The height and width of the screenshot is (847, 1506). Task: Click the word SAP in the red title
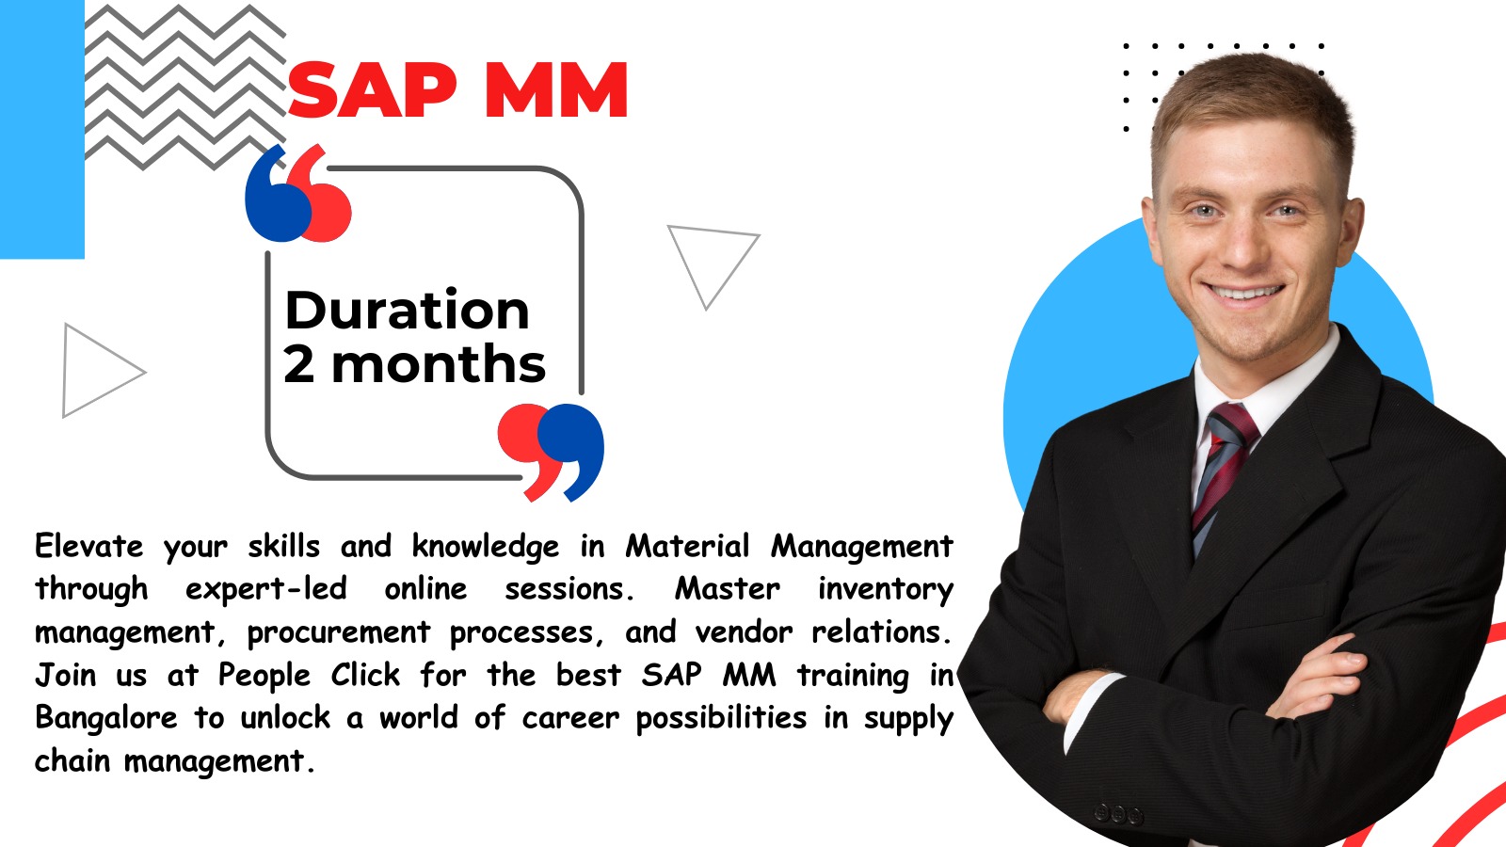tap(373, 89)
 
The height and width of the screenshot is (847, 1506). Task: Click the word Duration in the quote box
tap(408, 310)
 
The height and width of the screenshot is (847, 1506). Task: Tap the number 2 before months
tap(298, 363)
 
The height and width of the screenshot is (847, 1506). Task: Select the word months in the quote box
tap(439, 363)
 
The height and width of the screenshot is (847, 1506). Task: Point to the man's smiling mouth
tap(1243, 293)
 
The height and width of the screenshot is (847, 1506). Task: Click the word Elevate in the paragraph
tap(88, 545)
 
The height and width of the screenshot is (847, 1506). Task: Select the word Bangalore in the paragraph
tap(106, 717)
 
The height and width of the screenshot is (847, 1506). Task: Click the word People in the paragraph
tap(264, 676)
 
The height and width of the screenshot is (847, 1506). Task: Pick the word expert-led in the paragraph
tap(266, 589)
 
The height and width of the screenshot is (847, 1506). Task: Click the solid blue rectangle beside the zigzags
tap(41, 129)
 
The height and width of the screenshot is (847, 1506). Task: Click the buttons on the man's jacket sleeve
tap(1118, 815)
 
